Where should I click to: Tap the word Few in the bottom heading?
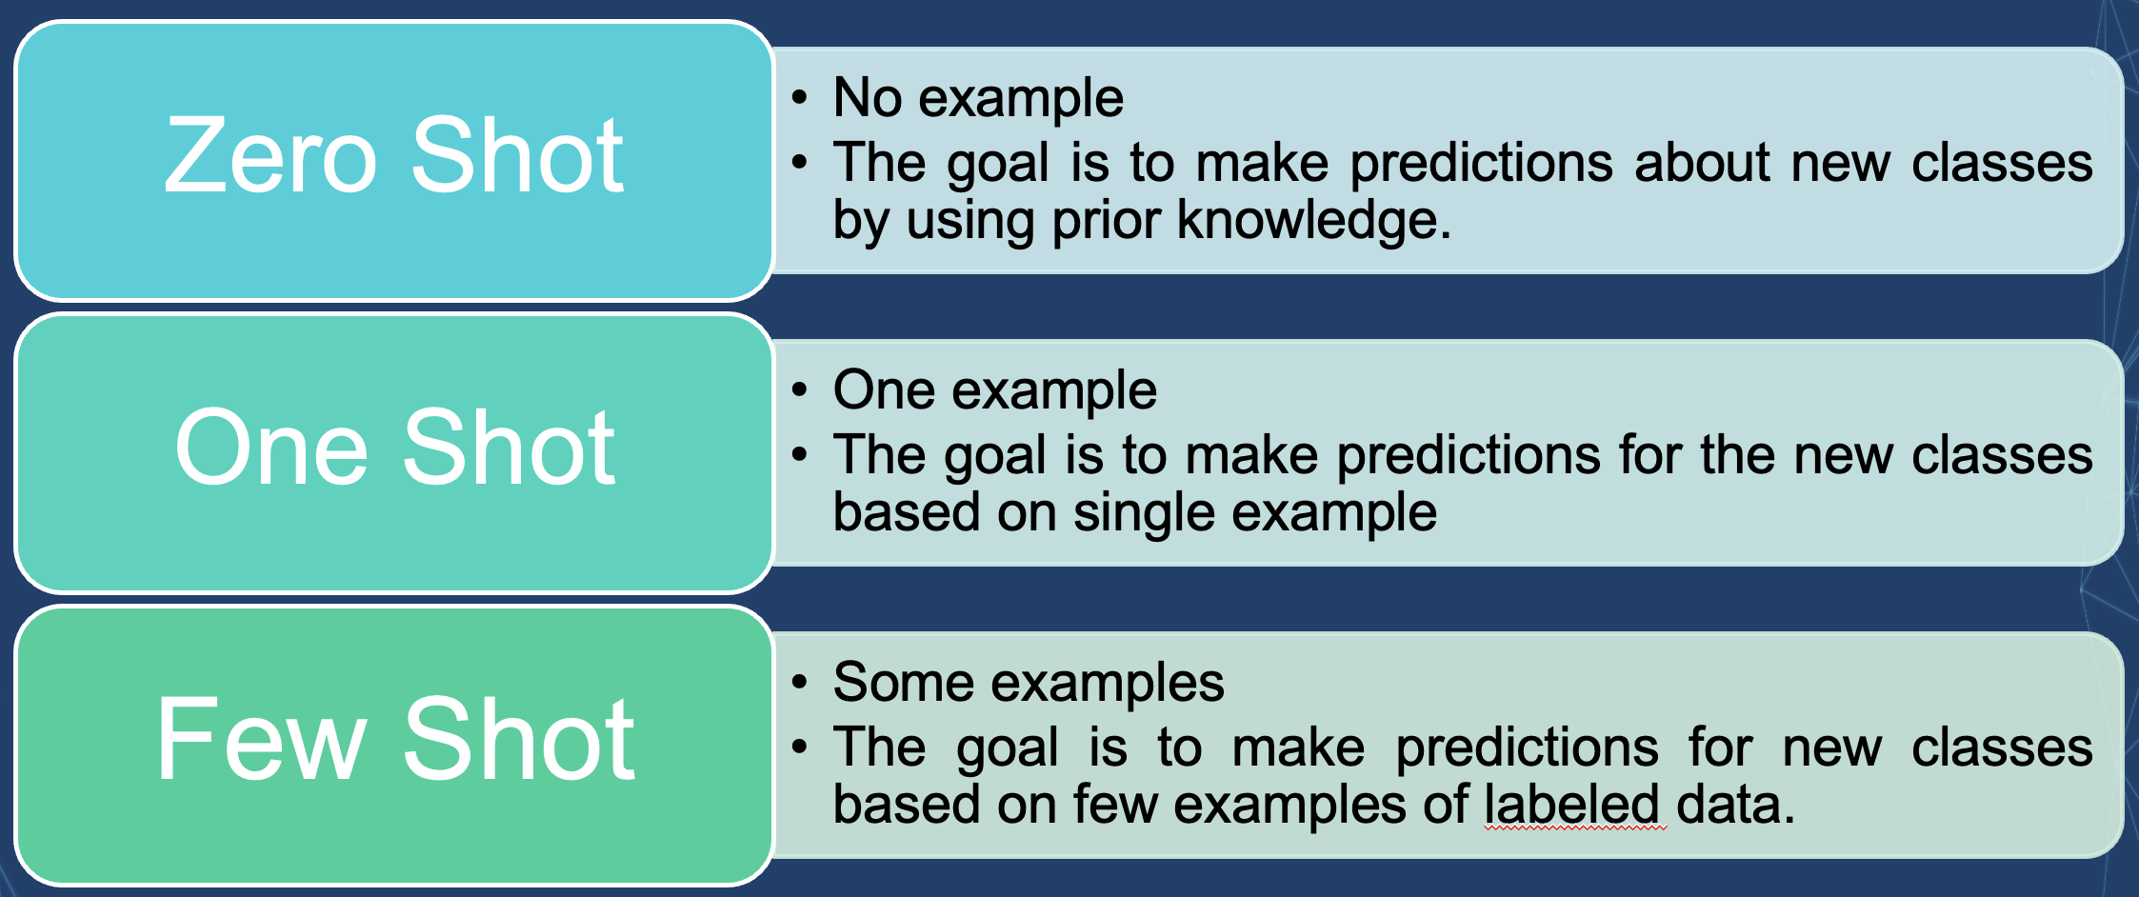point(261,739)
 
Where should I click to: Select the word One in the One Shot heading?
point(270,447)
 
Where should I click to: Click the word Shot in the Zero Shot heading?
point(517,154)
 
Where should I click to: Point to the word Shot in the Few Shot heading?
point(519,739)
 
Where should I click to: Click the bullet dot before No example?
point(800,97)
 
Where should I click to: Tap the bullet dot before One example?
point(800,389)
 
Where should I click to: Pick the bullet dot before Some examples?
point(800,682)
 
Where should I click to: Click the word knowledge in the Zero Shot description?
point(1314,221)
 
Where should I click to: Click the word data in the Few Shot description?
point(1735,804)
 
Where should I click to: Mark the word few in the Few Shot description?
point(1115,804)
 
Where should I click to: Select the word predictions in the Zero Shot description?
point(1482,164)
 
